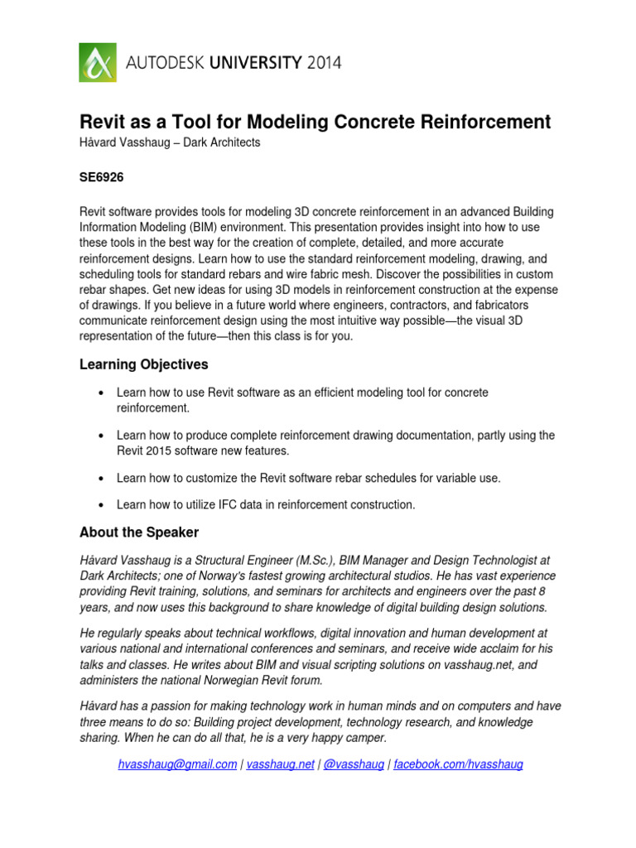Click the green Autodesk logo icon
(99, 62)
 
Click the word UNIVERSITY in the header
(243, 63)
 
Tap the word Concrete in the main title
(373, 123)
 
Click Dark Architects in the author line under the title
(224, 142)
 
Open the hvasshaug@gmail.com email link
(177, 765)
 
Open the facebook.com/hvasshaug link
(458, 765)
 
